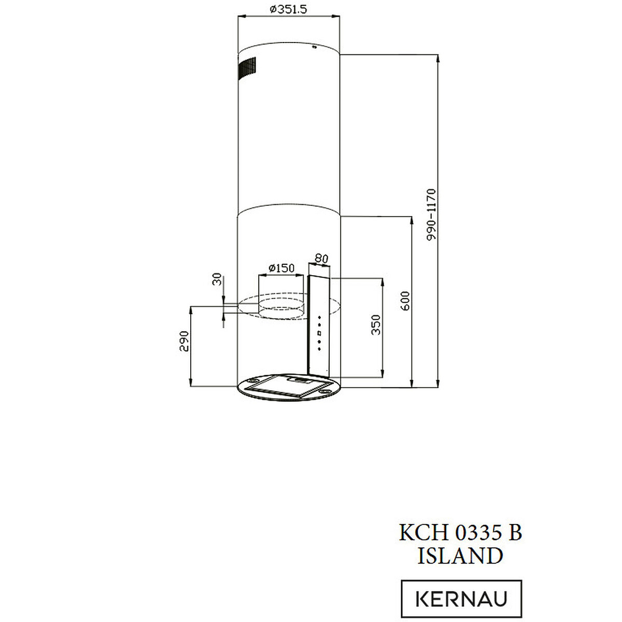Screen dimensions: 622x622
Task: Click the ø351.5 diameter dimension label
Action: [288, 9]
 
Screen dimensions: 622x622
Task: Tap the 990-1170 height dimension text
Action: [431, 215]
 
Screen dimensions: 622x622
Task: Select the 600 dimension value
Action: [405, 301]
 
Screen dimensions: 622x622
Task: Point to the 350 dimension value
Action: [376, 324]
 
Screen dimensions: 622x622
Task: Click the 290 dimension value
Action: [184, 341]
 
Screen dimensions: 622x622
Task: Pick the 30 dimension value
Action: [217, 279]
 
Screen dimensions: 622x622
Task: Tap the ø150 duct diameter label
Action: [281, 268]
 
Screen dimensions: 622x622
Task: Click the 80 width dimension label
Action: [321, 259]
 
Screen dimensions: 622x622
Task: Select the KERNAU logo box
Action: [461, 599]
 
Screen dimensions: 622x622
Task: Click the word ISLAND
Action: [460, 556]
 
